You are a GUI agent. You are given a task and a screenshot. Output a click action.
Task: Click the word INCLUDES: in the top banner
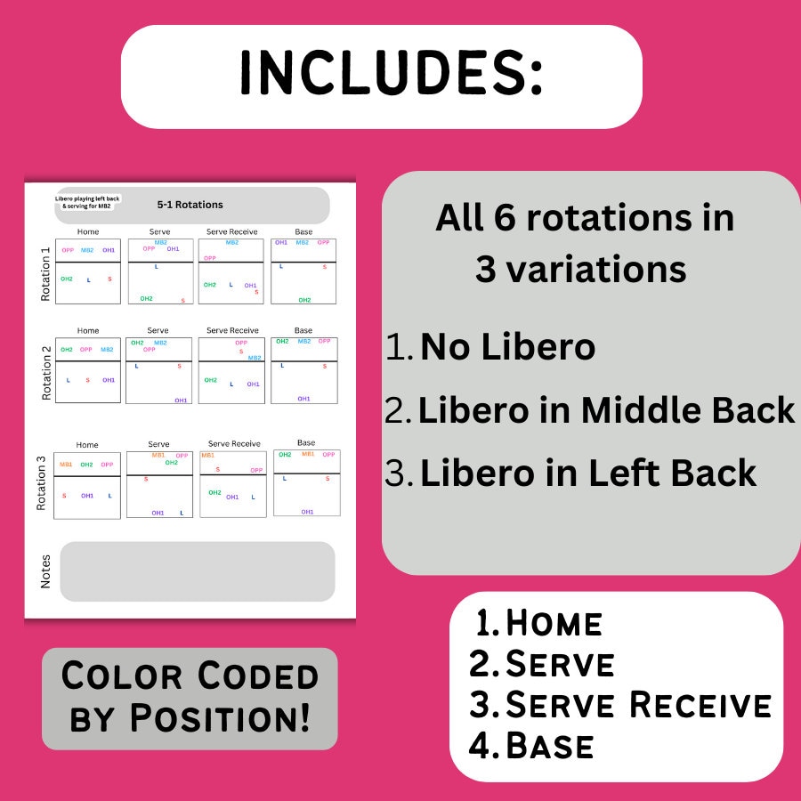(391, 76)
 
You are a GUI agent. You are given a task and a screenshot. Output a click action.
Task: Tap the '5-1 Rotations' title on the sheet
(190, 205)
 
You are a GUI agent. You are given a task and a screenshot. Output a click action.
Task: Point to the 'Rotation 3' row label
(41, 483)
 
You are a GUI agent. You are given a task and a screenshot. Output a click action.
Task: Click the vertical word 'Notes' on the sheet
(45, 570)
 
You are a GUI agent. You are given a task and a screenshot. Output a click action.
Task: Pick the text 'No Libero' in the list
(507, 346)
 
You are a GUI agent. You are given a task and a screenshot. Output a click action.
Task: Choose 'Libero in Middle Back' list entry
(606, 409)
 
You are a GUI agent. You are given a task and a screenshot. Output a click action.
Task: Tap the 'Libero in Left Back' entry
(587, 473)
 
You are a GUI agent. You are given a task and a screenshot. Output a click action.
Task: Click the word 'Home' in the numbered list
(554, 624)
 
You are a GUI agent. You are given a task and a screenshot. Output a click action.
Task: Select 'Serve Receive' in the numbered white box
(638, 705)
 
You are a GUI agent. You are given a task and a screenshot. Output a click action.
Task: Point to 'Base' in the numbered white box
(549, 746)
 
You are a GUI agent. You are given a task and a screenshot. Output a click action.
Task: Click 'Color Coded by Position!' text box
(190, 698)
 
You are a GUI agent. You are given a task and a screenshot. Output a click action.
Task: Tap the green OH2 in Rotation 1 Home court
(67, 279)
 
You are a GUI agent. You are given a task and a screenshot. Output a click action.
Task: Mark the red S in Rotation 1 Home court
(109, 279)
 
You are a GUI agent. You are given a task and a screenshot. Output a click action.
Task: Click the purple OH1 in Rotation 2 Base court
(303, 399)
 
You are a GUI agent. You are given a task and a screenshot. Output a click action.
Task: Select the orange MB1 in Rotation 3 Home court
(66, 465)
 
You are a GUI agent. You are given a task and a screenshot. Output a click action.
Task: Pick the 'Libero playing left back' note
(88, 202)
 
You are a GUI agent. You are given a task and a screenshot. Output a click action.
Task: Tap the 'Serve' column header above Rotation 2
(158, 330)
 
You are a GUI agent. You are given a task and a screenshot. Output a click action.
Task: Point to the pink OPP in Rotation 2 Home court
(86, 350)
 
